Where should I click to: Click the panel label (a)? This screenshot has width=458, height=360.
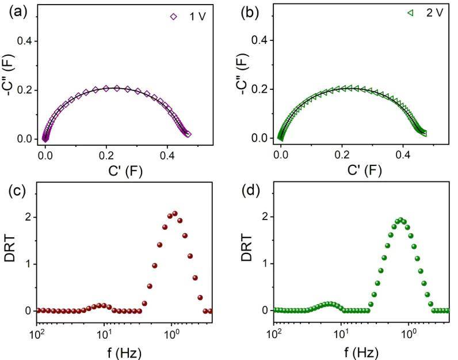13,10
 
